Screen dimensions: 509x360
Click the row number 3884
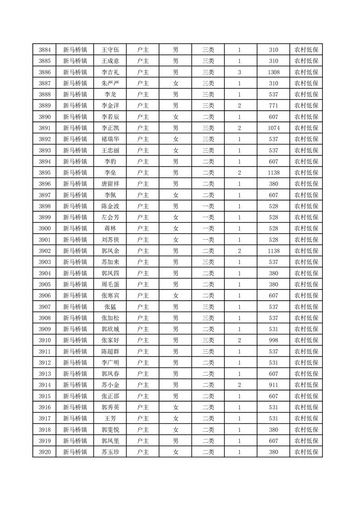(x=44, y=50)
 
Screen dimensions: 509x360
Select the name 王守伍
(x=110, y=50)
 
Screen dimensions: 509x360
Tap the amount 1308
(x=273, y=72)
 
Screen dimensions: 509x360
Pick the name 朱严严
(x=110, y=83)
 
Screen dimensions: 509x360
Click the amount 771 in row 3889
(x=273, y=106)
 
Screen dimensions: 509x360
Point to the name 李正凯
(x=110, y=128)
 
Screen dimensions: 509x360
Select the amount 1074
(x=273, y=128)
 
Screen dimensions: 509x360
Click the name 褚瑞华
(x=110, y=139)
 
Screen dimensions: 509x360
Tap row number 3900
(x=44, y=229)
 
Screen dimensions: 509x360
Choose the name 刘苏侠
(x=110, y=240)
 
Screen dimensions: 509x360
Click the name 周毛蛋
(x=110, y=284)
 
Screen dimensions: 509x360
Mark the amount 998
(x=273, y=340)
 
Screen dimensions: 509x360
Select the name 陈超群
(x=110, y=352)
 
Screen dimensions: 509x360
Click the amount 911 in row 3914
(x=273, y=385)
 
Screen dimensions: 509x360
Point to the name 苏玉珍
(x=110, y=452)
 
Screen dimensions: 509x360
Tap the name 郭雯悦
(x=110, y=430)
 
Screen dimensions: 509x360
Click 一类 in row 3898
(x=208, y=206)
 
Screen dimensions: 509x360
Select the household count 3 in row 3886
(x=239, y=72)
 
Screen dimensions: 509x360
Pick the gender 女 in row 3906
(x=175, y=296)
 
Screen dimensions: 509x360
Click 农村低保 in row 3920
(x=306, y=452)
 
